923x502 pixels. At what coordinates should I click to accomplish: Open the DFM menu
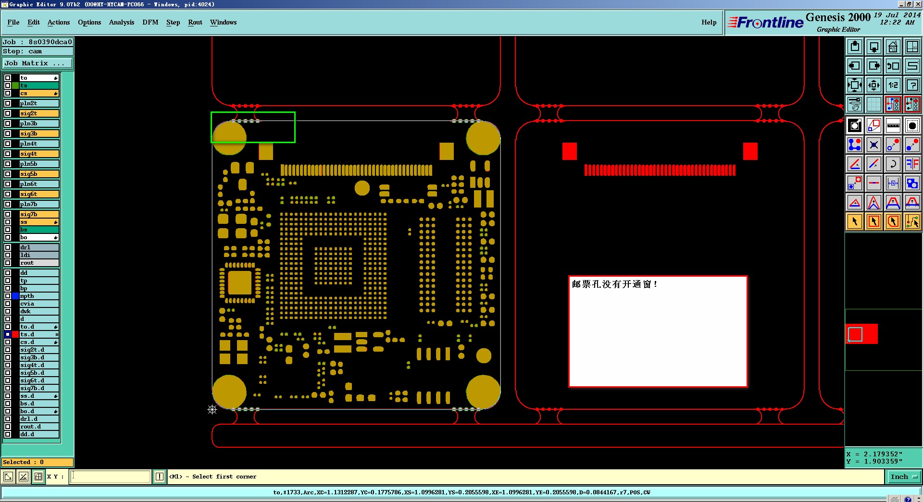150,22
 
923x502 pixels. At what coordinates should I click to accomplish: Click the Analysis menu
122,22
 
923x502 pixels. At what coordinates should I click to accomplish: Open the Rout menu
195,22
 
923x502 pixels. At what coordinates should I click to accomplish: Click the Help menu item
709,22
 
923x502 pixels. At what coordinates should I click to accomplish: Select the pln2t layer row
39,103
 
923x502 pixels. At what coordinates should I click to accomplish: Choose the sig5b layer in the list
39,174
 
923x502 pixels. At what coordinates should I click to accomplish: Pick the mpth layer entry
39,296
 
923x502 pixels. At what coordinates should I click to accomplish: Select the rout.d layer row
39,427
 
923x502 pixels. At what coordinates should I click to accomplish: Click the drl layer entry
39,247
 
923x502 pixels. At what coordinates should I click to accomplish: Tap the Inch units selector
903,477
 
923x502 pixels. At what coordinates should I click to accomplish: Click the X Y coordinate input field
111,477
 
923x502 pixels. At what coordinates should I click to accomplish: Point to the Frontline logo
765,22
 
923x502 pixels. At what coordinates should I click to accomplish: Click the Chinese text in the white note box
614,284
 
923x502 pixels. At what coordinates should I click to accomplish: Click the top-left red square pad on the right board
570,151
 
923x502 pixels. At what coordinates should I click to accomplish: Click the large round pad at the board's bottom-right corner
483,392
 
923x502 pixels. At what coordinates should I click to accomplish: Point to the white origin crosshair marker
212,409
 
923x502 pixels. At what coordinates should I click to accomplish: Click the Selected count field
37,462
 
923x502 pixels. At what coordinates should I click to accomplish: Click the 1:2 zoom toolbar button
893,85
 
